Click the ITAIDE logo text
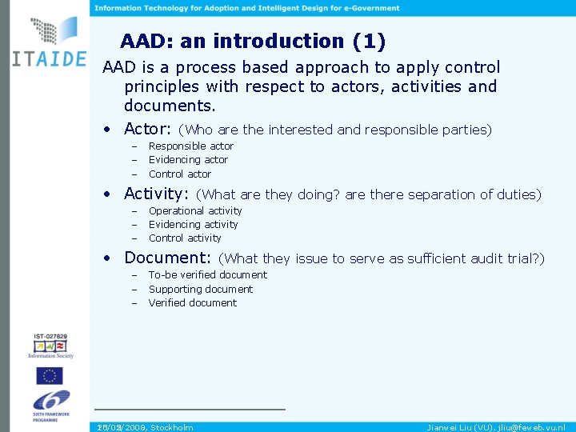point(48,62)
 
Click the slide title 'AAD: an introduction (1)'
point(252,41)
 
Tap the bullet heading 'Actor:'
point(148,129)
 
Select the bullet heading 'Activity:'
point(157,194)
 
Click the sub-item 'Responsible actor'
point(191,146)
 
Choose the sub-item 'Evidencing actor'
point(188,160)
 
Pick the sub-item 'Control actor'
point(180,174)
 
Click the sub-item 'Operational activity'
point(195,211)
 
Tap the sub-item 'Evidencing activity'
point(194,225)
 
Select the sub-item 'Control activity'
point(185,238)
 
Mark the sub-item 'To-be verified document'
point(208,275)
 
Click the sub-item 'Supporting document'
point(201,290)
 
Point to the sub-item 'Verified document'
point(193,303)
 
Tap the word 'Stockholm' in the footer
point(172,427)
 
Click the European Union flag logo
point(50,375)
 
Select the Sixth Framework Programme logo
point(50,405)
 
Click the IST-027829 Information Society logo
point(50,344)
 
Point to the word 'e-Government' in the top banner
point(370,8)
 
